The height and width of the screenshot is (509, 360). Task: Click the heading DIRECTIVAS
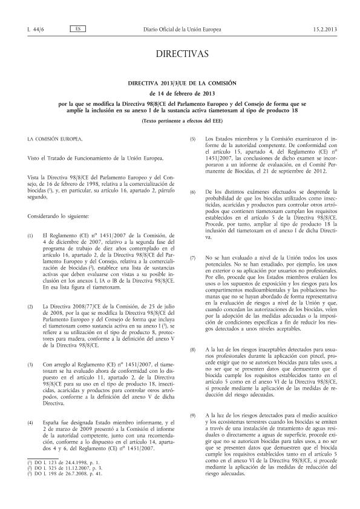(180, 54)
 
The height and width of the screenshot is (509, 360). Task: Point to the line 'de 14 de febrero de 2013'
(180, 93)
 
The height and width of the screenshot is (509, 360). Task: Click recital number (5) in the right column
(192, 139)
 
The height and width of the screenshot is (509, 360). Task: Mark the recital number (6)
(192, 191)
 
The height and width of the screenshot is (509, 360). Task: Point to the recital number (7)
(192, 241)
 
